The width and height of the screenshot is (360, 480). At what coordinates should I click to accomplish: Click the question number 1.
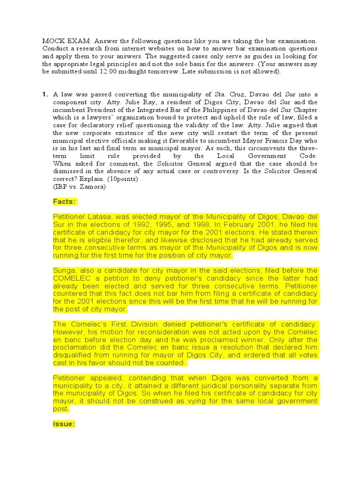45,94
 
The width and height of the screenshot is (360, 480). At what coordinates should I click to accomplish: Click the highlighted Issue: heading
64,424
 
